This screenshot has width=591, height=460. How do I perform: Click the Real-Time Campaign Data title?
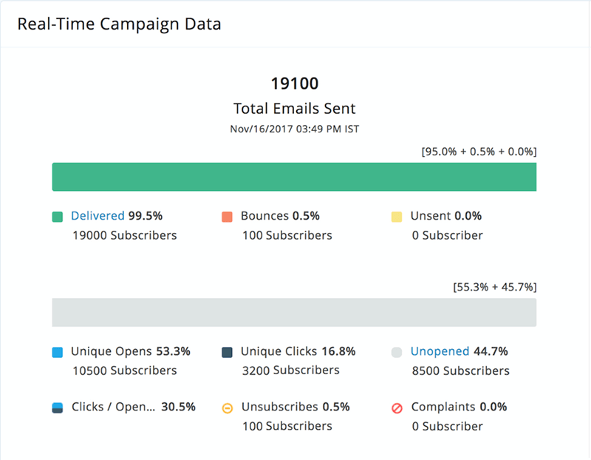click(x=119, y=24)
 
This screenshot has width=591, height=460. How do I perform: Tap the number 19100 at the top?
click(x=294, y=83)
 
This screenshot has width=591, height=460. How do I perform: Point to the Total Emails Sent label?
click(x=294, y=109)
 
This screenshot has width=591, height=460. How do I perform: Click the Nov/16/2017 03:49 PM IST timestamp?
click(x=294, y=129)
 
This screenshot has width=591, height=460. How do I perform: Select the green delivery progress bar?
click(x=294, y=177)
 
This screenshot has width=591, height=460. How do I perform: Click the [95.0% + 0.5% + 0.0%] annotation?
click(x=479, y=152)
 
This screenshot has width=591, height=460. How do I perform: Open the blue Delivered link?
click(x=98, y=216)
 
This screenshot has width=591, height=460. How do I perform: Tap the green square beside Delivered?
click(x=57, y=217)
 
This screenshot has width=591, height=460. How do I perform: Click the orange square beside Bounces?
click(x=227, y=217)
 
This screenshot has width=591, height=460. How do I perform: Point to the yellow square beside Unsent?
click(x=397, y=217)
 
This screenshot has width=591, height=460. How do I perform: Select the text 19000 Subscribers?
click(x=124, y=235)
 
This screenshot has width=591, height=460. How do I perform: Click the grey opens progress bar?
click(x=294, y=312)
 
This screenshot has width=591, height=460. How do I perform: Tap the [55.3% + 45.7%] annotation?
click(x=494, y=286)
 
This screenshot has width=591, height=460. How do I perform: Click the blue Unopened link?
click(x=440, y=351)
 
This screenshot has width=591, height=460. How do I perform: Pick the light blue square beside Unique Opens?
click(x=57, y=352)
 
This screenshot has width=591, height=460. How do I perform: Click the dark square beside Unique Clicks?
click(x=227, y=352)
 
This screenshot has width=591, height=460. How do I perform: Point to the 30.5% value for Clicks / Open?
click(x=178, y=407)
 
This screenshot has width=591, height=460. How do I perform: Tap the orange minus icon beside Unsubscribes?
click(x=227, y=407)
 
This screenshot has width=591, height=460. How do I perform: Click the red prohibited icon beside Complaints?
click(x=397, y=407)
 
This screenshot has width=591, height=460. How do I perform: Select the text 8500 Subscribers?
click(x=460, y=371)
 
